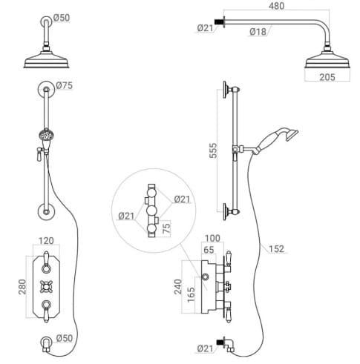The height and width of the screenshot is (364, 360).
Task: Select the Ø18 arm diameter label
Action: coord(258,31)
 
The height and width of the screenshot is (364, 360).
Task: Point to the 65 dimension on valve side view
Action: coord(211,251)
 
